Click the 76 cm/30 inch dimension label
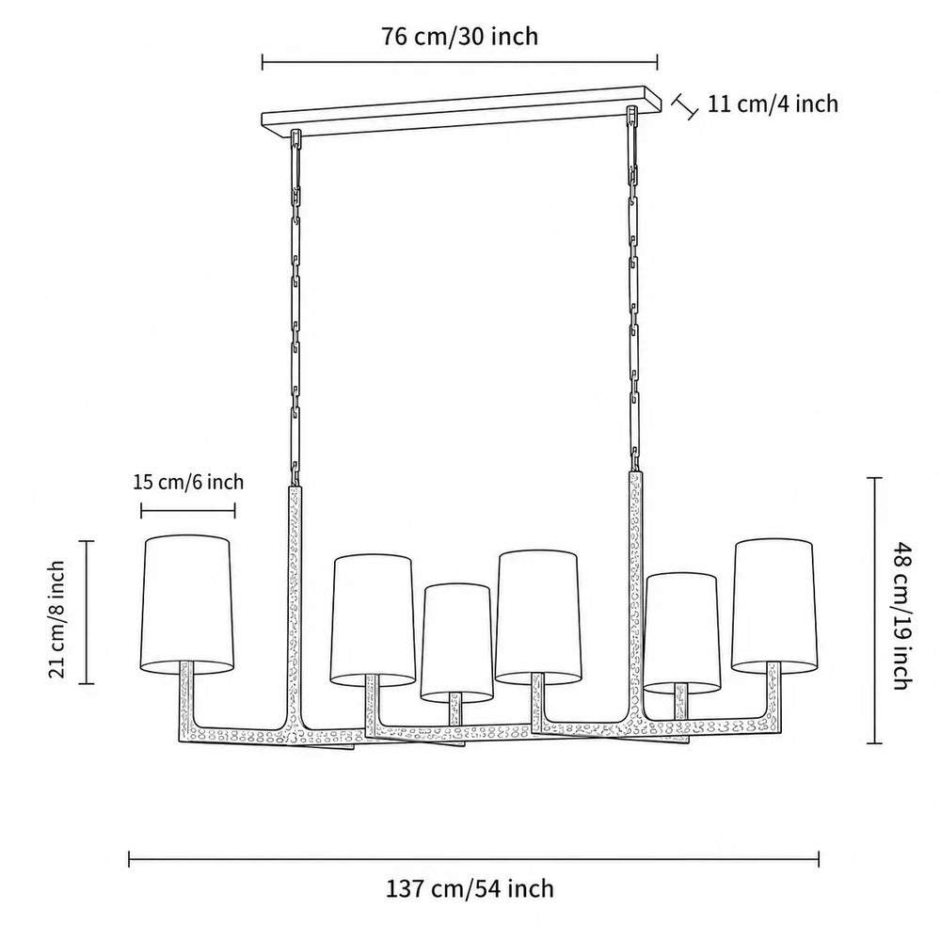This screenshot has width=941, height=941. [x=460, y=37]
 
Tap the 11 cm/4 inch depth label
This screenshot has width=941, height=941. [x=773, y=104]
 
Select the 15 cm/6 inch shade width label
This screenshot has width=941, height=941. [x=188, y=482]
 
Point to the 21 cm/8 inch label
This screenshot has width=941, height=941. [x=57, y=619]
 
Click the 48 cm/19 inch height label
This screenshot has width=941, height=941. [x=902, y=615]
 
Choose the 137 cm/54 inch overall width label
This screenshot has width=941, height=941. [x=470, y=888]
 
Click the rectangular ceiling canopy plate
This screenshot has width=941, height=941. [x=461, y=112]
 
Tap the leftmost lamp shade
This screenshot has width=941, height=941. [x=186, y=604]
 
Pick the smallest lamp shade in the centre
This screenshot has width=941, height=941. [x=456, y=643]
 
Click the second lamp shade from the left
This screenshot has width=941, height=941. [x=373, y=620]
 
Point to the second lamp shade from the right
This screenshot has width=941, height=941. [x=681, y=633]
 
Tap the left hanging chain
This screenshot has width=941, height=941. [x=295, y=309]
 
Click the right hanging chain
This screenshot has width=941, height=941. [x=633, y=289]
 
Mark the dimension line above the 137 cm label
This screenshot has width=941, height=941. [x=473, y=859]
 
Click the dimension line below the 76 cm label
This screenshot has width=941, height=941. [x=460, y=62]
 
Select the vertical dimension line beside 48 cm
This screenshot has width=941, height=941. [x=874, y=611]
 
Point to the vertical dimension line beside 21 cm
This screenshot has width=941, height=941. [x=87, y=613]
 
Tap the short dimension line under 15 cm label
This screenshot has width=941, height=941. [x=188, y=511]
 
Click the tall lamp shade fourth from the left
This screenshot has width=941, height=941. [x=538, y=617]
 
